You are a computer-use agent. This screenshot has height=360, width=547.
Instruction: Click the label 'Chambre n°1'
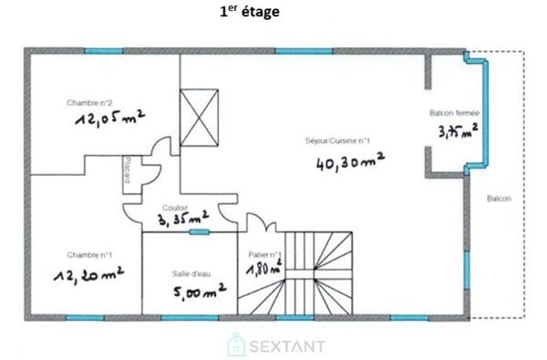coord(82,253)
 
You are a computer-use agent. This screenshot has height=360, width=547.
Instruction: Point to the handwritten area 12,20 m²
coord(88,273)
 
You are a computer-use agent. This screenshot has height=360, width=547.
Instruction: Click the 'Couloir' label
coord(175,207)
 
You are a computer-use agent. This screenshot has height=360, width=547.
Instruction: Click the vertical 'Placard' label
coord(129,170)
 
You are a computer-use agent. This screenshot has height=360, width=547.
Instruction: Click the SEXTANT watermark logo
coord(272,345)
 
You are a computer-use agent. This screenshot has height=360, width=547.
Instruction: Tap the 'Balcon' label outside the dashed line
coord(498,198)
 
